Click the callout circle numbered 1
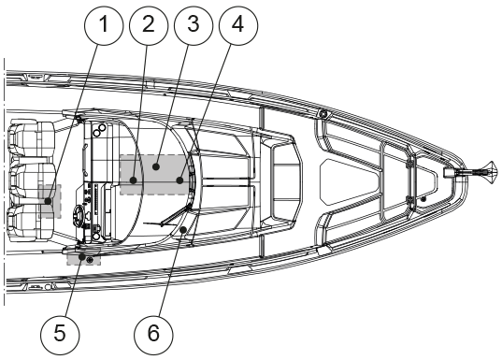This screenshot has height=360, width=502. (104, 25)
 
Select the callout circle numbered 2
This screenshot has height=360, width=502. (149, 25)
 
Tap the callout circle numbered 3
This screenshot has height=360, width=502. (194, 25)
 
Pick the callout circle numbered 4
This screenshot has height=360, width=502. (238, 25)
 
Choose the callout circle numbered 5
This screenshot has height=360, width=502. (60, 335)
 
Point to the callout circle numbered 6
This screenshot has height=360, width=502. (153, 335)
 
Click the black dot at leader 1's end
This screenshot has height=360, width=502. (48, 201)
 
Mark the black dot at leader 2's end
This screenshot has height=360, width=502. (134, 180)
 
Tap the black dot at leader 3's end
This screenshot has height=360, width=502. (156, 166)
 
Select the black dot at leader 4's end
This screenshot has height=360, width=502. (179, 180)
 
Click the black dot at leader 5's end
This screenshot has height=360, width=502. (82, 256)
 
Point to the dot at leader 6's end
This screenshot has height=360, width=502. (183, 230)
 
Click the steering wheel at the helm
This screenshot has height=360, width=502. (79, 213)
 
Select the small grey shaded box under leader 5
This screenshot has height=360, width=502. (83, 256)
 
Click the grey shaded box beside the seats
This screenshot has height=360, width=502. (50, 201)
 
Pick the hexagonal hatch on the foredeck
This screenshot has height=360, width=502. (350, 182)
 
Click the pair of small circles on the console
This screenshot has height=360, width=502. (100, 129)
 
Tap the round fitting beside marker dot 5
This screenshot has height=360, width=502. (90, 260)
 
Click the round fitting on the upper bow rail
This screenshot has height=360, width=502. (323, 113)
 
